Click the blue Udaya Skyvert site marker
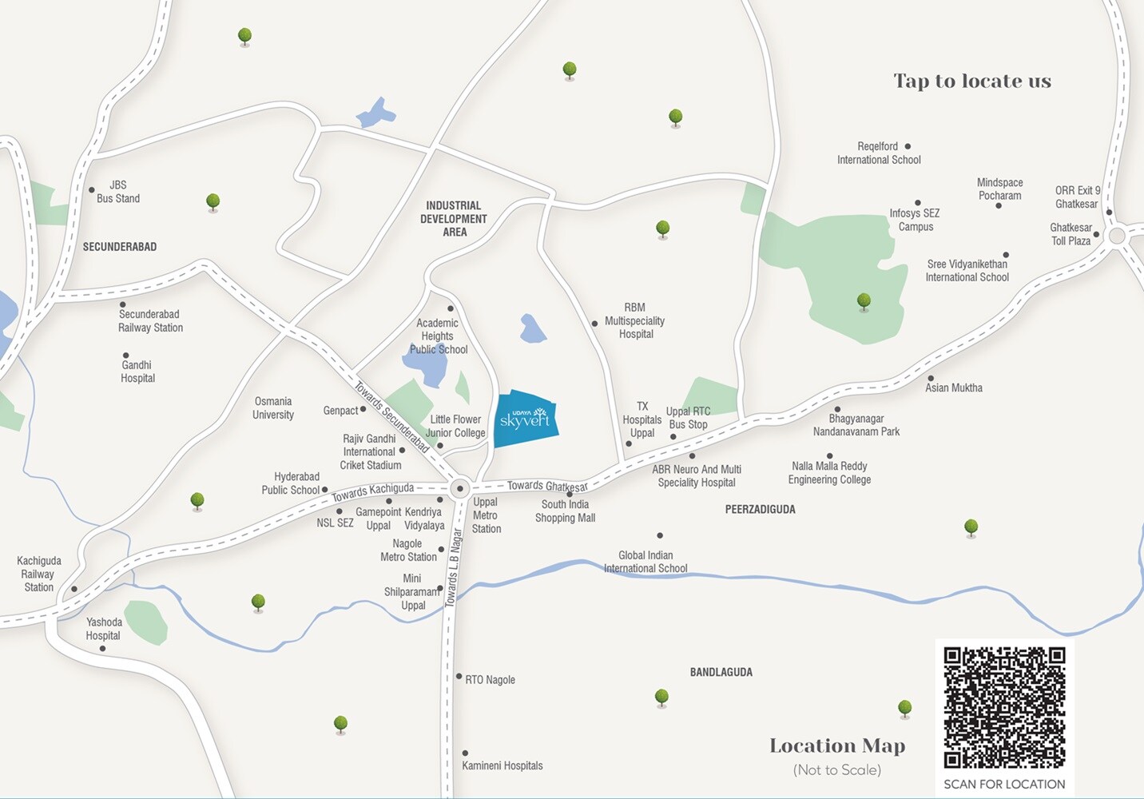pos(525,419)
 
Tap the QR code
pos(1004,707)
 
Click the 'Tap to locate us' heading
pos(972,81)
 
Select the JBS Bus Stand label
pos(118,192)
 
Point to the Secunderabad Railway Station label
pos(150,321)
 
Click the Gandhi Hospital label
pos(137,372)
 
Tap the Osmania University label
pos(273,408)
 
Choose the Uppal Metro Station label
pos(486,515)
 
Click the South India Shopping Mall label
pos(565,511)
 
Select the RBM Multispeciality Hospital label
pos(635,320)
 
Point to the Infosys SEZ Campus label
pos(915,220)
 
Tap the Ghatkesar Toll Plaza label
pos(1071,234)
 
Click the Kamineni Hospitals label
pos(502,765)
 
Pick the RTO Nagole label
pos(490,680)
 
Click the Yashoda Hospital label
pos(104,629)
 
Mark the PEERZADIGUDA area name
pos(760,510)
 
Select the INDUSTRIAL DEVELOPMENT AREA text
pos(454,219)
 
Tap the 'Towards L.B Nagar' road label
pos(454,566)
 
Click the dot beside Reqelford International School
pos(908,146)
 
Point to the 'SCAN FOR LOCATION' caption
pos(1004,785)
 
